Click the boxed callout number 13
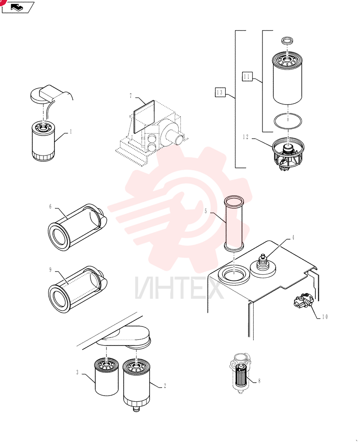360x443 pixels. click(220, 93)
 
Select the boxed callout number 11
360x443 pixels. click(247, 77)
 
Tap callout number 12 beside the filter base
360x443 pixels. click(246, 137)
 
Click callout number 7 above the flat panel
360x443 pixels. click(131, 96)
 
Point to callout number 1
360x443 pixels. click(70, 132)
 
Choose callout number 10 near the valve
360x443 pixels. click(325, 317)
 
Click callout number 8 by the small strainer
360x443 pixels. click(259, 381)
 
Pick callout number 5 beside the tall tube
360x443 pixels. click(206, 211)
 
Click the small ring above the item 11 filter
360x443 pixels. click(288, 40)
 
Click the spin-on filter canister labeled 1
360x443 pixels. click(43, 141)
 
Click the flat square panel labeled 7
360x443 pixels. click(144, 116)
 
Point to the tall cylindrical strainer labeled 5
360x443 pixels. click(234, 224)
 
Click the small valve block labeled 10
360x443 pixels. click(303, 302)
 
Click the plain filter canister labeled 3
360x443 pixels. click(106, 377)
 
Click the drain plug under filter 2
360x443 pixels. click(137, 408)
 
